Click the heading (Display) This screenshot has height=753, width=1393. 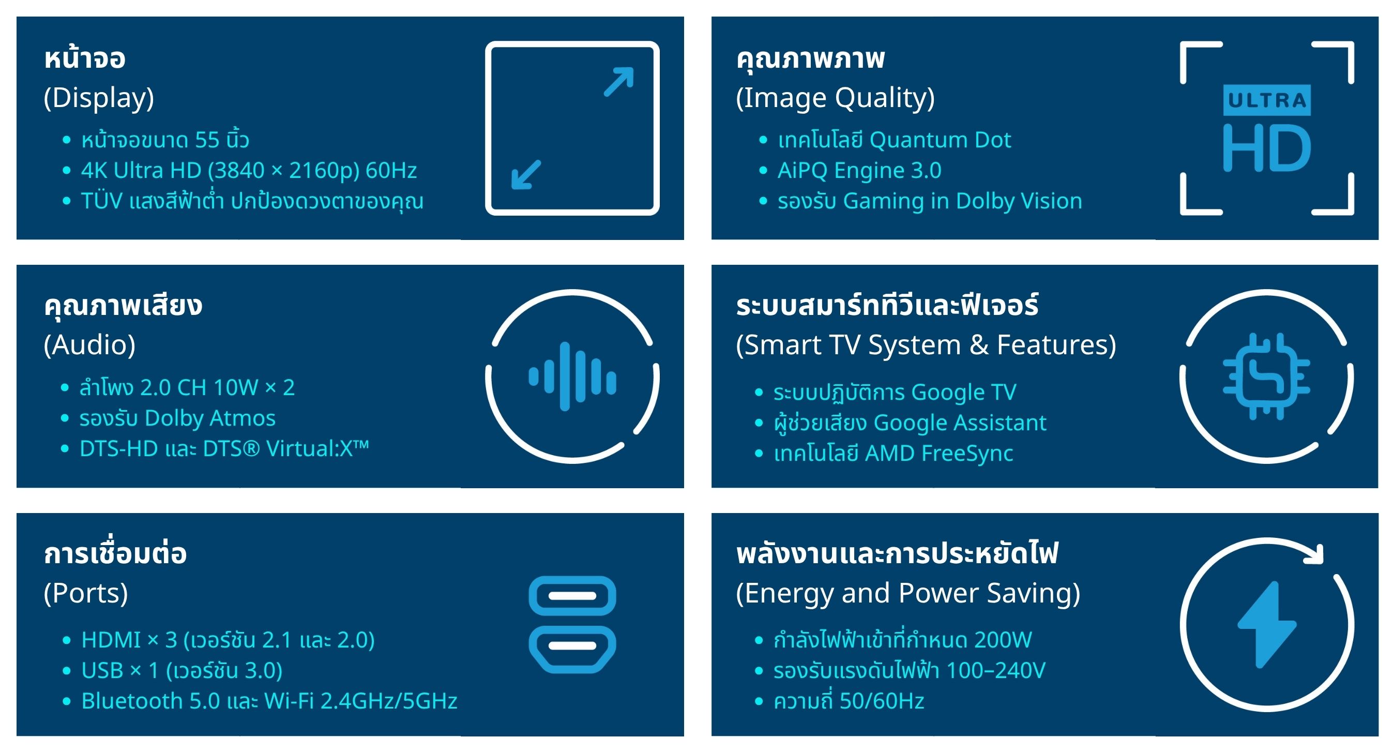(98, 98)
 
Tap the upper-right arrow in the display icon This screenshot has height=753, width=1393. (618, 82)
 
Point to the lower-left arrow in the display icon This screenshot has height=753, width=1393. (526, 174)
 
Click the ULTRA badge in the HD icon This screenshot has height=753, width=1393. (1266, 100)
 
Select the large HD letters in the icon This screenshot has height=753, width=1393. (1266, 148)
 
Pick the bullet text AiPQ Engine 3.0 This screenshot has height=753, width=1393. (859, 170)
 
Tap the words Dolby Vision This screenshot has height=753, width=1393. (1019, 201)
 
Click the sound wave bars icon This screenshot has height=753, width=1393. (572, 377)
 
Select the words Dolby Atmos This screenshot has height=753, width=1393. (210, 418)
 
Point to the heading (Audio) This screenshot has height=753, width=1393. (89, 345)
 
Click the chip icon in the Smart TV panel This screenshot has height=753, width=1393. (1266, 377)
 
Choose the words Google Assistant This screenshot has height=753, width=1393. (960, 423)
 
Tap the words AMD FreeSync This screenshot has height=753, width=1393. (939, 454)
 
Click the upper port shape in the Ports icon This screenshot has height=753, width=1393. (572, 596)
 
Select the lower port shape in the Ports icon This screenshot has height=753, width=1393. (572, 649)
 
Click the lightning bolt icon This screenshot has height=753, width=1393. (1266, 625)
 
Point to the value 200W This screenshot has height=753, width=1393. (1003, 640)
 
